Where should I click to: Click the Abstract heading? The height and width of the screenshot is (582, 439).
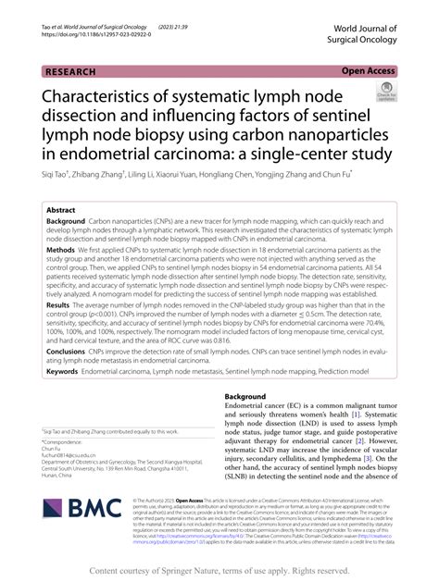(x=62, y=211)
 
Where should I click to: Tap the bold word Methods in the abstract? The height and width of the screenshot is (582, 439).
(x=61, y=250)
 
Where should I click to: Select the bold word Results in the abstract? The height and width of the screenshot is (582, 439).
(x=58, y=304)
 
